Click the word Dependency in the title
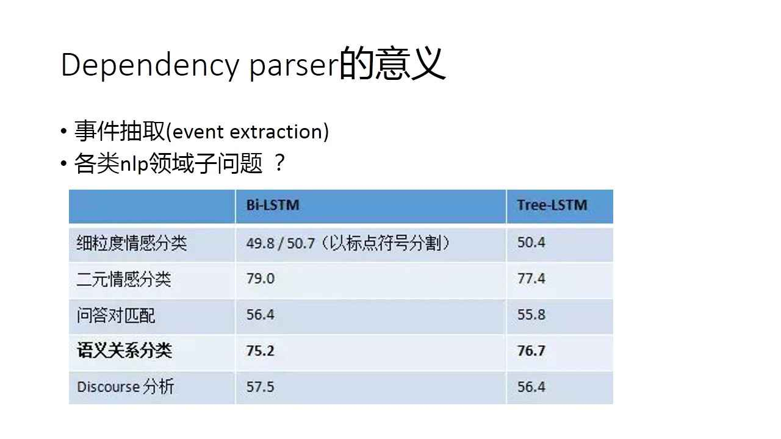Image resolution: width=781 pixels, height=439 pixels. coord(149,65)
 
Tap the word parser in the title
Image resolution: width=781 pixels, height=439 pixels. coord(293,65)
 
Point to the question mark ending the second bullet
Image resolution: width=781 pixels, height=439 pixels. coord(279,163)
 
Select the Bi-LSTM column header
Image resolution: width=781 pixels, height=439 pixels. coord(273,205)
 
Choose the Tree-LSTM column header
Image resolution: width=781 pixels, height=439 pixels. coord(552,205)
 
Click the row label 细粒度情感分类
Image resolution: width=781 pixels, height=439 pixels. coord(132,243)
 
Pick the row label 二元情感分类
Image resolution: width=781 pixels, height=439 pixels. coord(124,279)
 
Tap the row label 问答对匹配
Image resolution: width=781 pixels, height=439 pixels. coord(116,315)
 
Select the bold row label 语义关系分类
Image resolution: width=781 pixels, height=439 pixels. coord(124,351)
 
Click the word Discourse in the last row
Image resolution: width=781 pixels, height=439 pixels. coord(107,387)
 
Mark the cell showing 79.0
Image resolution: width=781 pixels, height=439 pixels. coord(261,279)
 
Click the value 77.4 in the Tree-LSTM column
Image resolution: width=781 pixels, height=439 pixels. coord(531,279)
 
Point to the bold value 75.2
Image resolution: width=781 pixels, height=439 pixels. coord(261,351)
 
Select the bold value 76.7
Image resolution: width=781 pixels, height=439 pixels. coord(531,351)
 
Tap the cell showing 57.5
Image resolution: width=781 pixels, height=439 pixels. coord(261,387)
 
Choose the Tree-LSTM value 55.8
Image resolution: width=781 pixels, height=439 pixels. coord(531,315)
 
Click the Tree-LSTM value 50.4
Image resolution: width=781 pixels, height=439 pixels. coord(531,243)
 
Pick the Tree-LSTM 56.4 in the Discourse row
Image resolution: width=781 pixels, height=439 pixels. coord(531,387)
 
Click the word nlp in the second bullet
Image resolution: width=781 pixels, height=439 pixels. coord(134,164)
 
